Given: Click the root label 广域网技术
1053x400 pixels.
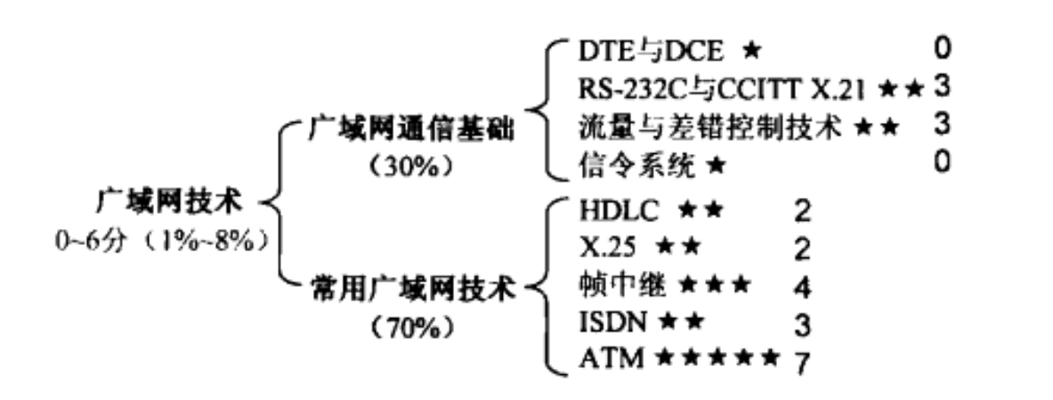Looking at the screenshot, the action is [169, 202].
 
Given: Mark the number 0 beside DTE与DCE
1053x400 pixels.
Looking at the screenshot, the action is [943, 46].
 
